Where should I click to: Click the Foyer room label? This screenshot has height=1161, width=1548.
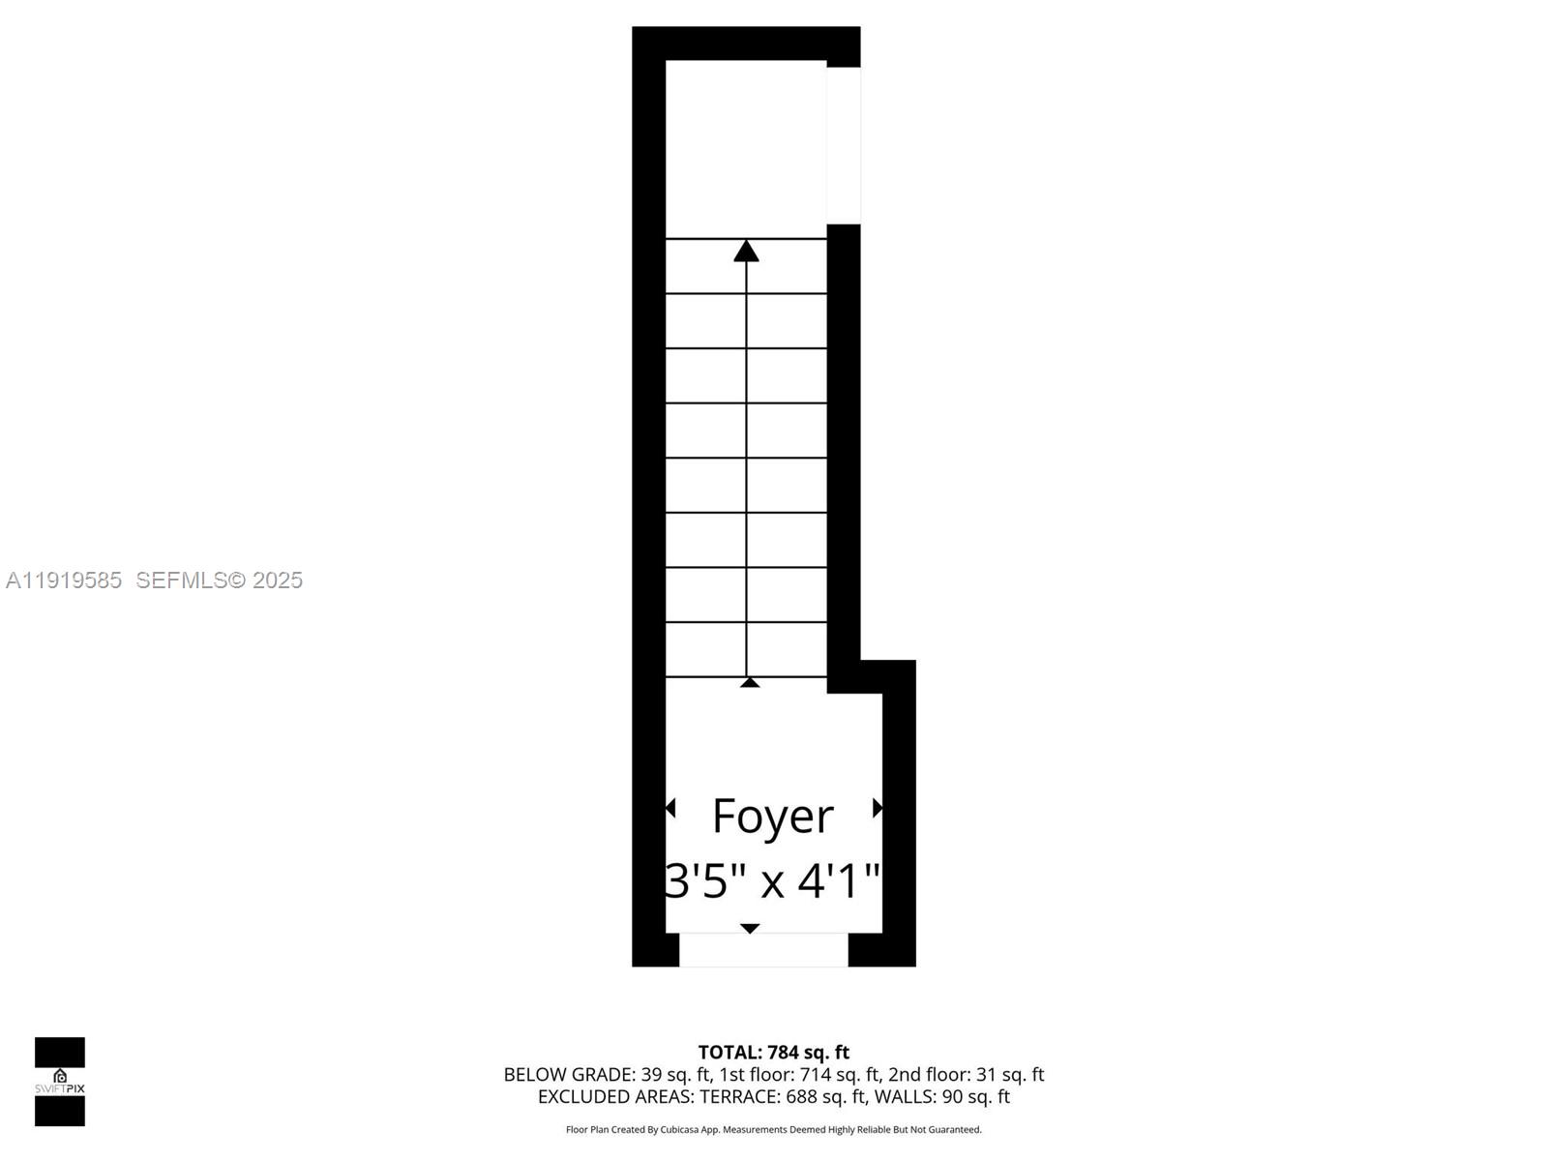[x=772, y=817]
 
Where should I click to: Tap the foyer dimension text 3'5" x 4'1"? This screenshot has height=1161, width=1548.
[x=772, y=881]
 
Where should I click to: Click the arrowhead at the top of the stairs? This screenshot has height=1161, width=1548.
[x=746, y=252]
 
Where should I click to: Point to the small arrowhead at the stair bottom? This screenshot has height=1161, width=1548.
[x=750, y=682]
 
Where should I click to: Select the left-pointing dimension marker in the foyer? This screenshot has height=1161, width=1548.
[x=670, y=808]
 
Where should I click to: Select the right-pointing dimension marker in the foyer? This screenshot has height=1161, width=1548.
[x=878, y=808]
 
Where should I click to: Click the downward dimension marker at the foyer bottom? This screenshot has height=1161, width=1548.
[x=750, y=929]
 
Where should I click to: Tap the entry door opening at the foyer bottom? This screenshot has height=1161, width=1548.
[x=763, y=950]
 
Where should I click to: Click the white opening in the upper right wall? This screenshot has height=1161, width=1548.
[x=844, y=145]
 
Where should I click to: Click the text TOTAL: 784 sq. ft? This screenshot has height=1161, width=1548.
[x=774, y=1053]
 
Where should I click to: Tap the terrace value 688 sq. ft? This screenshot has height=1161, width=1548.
[x=827, y=1097]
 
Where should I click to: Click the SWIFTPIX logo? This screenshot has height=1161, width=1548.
[x=60, y=1082]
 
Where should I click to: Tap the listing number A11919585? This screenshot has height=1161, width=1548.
[x=64, y=580]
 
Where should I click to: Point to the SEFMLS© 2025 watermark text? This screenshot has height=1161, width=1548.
[x=220, y=580]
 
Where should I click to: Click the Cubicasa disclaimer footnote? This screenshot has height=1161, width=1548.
[x=774, y=1130]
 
